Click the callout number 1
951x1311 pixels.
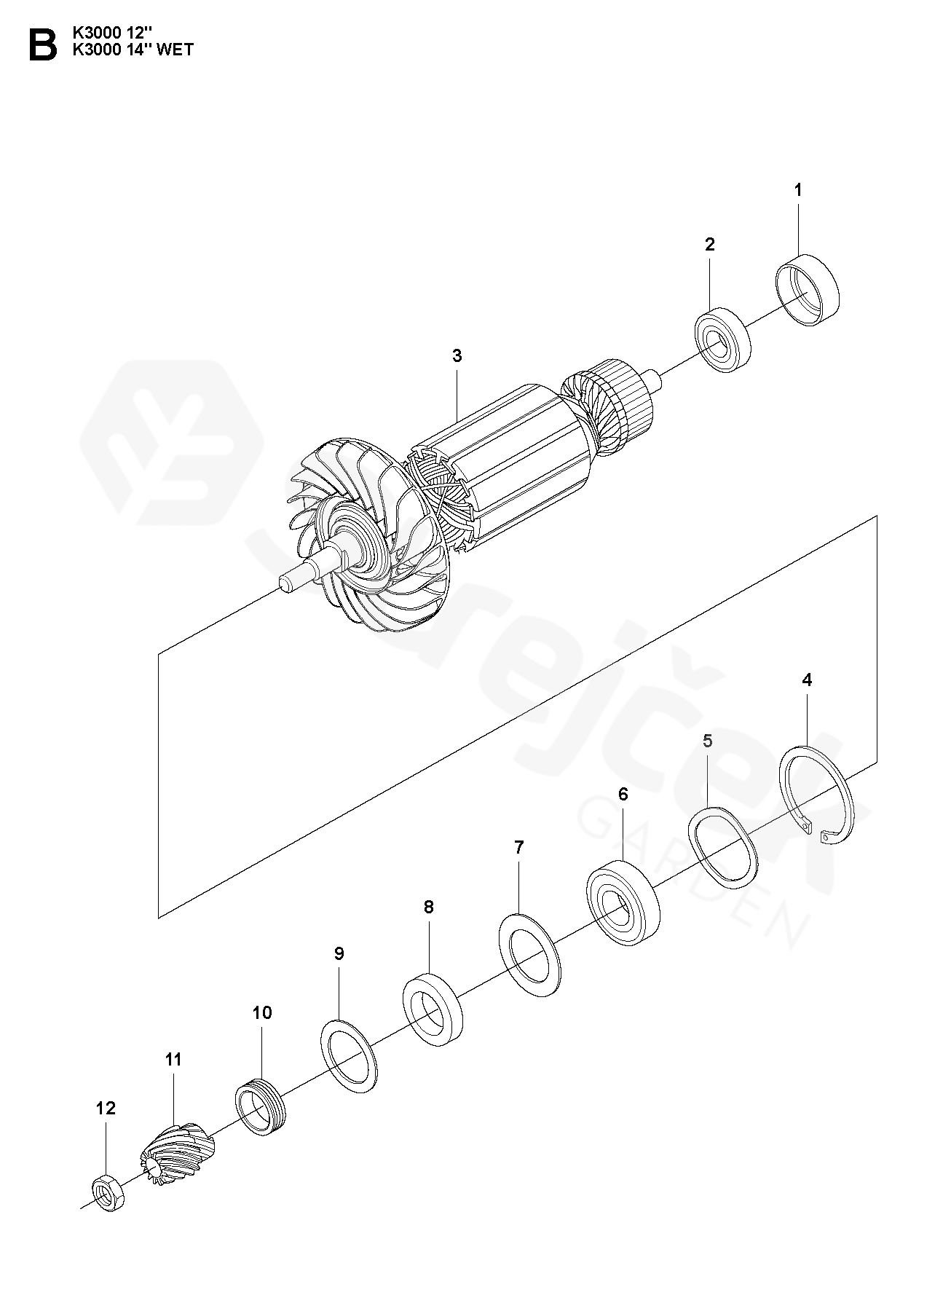click(798, 170)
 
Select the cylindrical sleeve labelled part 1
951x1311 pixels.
click(807, 290)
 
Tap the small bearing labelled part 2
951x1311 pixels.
click(723, 340)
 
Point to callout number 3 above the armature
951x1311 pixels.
click(457, 356)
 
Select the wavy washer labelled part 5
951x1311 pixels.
click(724, 848)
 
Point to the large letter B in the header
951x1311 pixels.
click(42, 45)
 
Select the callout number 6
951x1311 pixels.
click(623, 794)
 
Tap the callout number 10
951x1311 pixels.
click(262, 1012)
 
